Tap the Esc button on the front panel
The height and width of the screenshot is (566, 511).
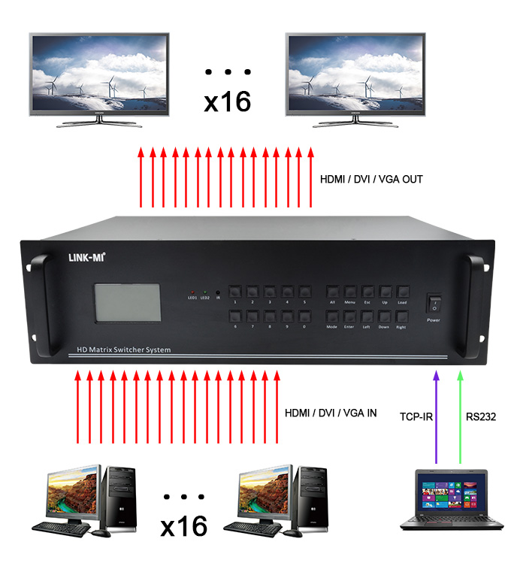click(368, 291)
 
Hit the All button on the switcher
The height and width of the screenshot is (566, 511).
click(331, 291)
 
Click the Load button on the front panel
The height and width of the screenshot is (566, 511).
click(403, 291)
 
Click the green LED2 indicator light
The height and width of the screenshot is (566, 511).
click(204, 290)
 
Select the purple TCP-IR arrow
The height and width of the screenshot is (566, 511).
click(434, 413)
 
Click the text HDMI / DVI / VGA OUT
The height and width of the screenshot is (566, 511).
click(372, 179)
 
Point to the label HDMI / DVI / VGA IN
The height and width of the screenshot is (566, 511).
click(331, 413)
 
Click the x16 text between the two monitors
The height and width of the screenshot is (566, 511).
click(227, 101)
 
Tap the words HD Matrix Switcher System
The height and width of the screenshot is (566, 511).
click(123, 350)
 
